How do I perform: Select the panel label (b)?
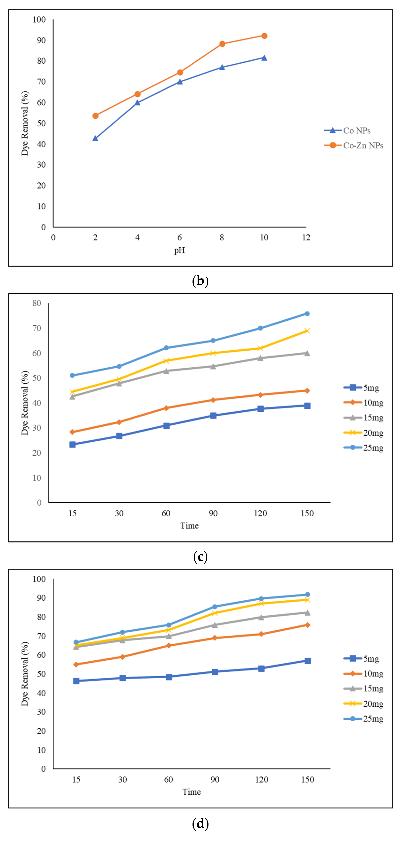click(200, 281)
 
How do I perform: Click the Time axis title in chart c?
click(190, 525)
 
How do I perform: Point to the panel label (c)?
click(200, 557)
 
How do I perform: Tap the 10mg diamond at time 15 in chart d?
click(76, 664)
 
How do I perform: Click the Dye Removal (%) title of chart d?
click(25, 673)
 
